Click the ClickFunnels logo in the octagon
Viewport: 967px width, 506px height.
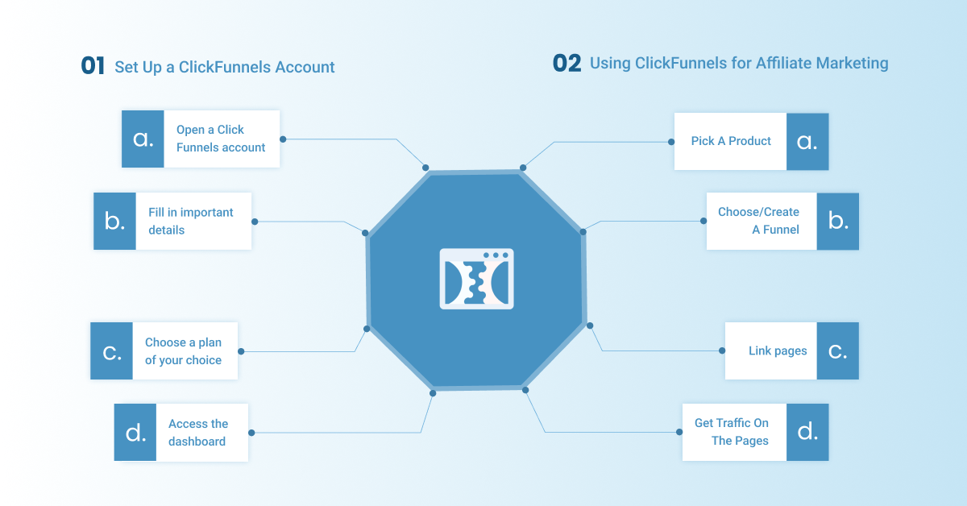[x=476, y=279]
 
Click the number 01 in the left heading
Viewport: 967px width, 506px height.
[x=93, y=66]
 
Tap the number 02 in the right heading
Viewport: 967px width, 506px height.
[x=567, y=64]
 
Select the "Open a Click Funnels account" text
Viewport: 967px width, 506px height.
[x=221, y=139]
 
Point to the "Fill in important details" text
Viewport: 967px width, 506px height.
[x=191, y=221]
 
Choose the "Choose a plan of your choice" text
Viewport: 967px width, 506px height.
[x=183, y=351]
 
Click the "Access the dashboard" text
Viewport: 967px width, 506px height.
[x=198, y=433]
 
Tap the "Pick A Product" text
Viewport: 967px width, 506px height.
[x=731, y=141]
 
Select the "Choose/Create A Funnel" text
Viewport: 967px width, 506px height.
[x=758, y=221]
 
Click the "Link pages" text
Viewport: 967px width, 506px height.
[x=778, y=351]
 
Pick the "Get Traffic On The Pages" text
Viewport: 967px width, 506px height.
[x=732, y=432]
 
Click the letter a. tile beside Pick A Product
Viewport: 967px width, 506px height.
[x=807, y=142]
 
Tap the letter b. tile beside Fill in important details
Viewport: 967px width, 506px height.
[x=114, y=221]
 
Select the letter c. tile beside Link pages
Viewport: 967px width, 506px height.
[x=837, y=351]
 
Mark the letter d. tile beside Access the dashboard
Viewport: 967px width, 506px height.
[x=135, y=433]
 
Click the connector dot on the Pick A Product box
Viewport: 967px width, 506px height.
[x=671, y=142]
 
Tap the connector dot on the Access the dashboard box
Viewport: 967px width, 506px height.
[x=251, y=433]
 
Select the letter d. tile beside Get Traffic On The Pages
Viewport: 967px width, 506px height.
[x=807, y=432]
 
